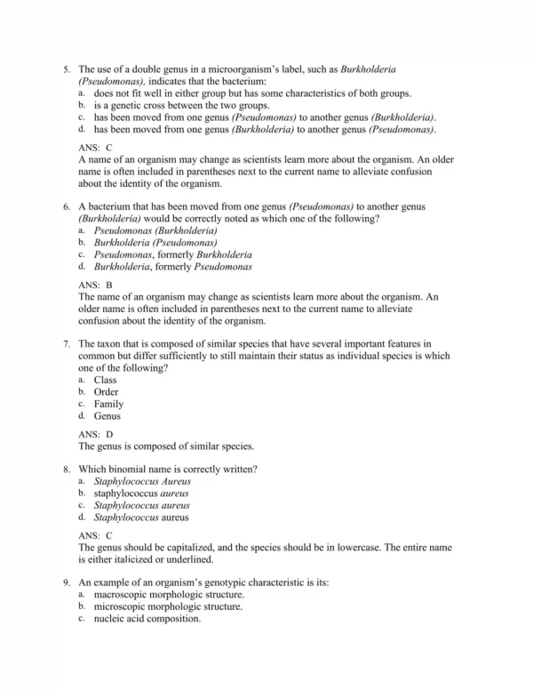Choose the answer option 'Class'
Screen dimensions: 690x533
[105, 380]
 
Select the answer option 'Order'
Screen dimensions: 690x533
[106, 392]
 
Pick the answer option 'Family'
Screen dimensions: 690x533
[108, 404]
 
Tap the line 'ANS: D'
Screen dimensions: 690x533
[96, 434]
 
